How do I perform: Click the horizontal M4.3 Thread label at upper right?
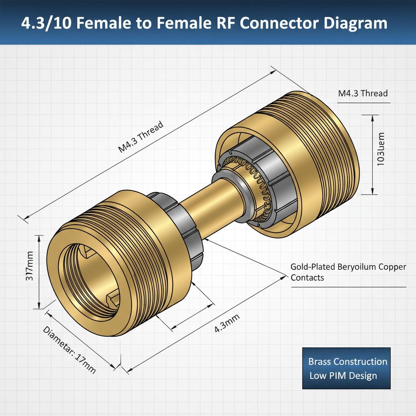(x=363, y=93)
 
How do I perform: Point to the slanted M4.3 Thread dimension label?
(x=141, y=136)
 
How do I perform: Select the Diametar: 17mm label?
(x=69, y=350)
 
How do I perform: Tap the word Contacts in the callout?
(x=307, y=277)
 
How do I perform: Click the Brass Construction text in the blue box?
(x=347, y=362)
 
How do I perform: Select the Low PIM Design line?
(x=343, y=376)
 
